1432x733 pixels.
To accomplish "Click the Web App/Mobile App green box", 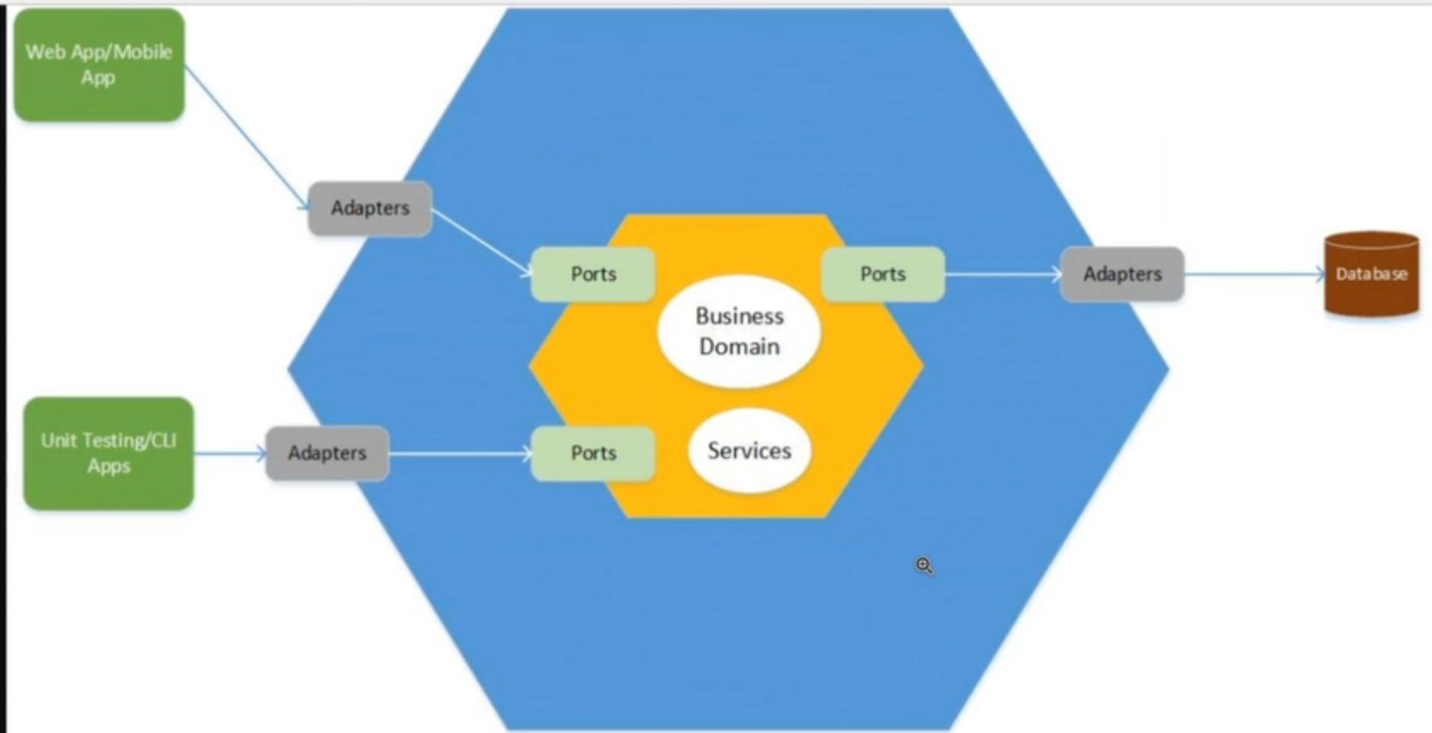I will (99, 65).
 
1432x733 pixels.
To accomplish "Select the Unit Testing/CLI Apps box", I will (109, 453).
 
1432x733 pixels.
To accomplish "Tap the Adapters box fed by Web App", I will (370, 208).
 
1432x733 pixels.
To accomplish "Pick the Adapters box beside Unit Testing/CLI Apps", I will (327, 453).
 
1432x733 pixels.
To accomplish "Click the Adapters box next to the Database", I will (1122, 275).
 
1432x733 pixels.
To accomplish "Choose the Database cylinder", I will (1371, 275).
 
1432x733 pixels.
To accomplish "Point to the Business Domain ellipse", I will (739, 331).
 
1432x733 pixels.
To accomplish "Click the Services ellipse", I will (749, 451).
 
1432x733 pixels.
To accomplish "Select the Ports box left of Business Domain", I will (593, 275).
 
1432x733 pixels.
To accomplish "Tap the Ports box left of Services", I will (593, 453).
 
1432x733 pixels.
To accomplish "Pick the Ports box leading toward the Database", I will (882, 275).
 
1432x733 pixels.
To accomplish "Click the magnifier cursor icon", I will (924, 565).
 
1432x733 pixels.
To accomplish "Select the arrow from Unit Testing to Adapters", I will (230, 453).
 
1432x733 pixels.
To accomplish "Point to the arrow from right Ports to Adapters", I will (1002, 275).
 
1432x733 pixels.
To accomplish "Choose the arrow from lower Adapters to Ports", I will (460, 453).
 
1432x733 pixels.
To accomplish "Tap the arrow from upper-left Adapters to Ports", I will (481, 241).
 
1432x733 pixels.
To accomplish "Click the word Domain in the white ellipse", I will (739, 346).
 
